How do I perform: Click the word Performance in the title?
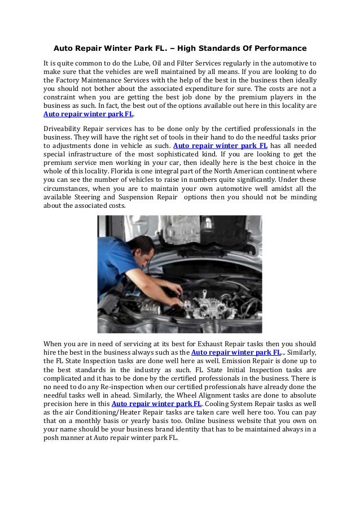point(279,42)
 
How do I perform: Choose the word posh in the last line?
point(54,438)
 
